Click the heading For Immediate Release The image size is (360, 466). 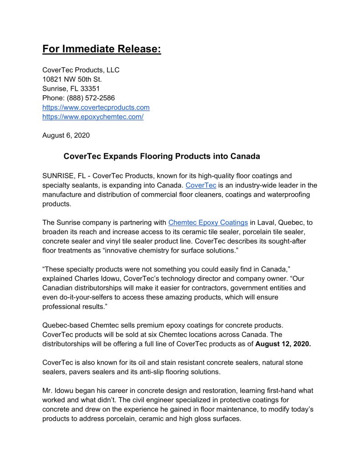click(x=101, y=49)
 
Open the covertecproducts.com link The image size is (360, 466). click(x=96, y=107)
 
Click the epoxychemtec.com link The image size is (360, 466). click(x=93, y=116)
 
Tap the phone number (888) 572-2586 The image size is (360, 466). click(x=90, y=98)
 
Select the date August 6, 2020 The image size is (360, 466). click(x=66, y=135)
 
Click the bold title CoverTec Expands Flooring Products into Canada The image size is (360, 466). click(x=162, y=157)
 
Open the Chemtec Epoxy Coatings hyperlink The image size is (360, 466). click(x=208, y=223)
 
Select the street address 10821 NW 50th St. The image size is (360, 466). click(x=72, y=79)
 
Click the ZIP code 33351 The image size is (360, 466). click(x=90, y=89)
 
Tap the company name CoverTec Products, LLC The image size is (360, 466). click(x=81, y=70)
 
